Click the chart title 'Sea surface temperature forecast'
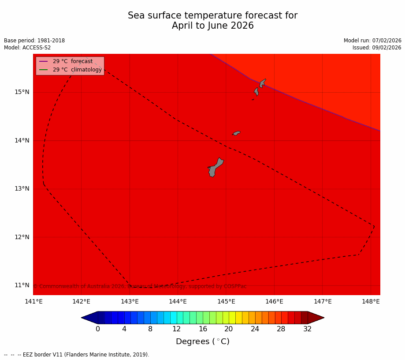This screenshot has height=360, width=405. pos(212,16)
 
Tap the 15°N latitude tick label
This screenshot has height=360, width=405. pos(22,92)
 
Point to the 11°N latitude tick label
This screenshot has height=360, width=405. pos(22,285)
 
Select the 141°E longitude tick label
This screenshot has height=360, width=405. pos(33,302)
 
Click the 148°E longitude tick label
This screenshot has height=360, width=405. pos(371,302)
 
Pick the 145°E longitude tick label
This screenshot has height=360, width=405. pos(226,302)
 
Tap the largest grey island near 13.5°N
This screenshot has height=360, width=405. pos(215,168)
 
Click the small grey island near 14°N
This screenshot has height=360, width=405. pos(237,133)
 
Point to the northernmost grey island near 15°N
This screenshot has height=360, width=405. pos(262,83)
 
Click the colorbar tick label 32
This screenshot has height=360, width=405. pos(308,329)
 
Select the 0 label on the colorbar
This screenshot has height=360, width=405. pos(98,329)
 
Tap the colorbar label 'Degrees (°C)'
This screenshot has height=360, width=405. pos(203,341)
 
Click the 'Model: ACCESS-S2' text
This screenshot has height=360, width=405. pos(27,48)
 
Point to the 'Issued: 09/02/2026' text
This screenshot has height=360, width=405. pos(377,48)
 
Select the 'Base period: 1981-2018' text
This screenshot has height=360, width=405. pos(34,41)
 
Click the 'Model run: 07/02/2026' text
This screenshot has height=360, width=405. pos(372,41)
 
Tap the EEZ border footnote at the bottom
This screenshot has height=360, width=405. pos(77,355)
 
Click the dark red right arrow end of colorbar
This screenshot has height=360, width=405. pos(316,318)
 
